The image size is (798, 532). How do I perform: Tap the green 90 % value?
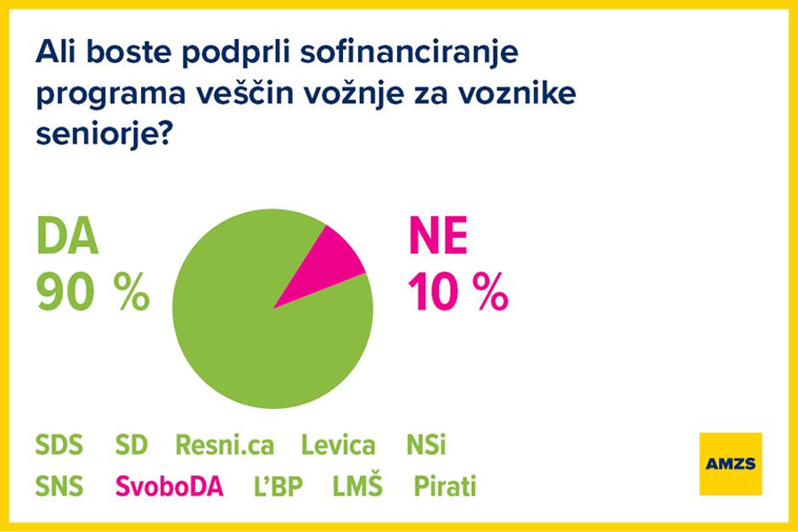pos(93,294)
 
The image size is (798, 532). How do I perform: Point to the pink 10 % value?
pos(458,294)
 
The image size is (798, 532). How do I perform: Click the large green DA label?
pos(67,238)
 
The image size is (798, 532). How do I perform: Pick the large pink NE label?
pos(437,238)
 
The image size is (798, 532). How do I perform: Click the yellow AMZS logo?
pos(730,463)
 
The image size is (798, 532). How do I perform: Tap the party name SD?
pos(131,445)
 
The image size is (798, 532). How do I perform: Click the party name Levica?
pos(339,445)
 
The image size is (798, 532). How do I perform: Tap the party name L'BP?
pos(278,487)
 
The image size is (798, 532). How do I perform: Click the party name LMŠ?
pos(357,487)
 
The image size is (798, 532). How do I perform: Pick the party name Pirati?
pos(444,487)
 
